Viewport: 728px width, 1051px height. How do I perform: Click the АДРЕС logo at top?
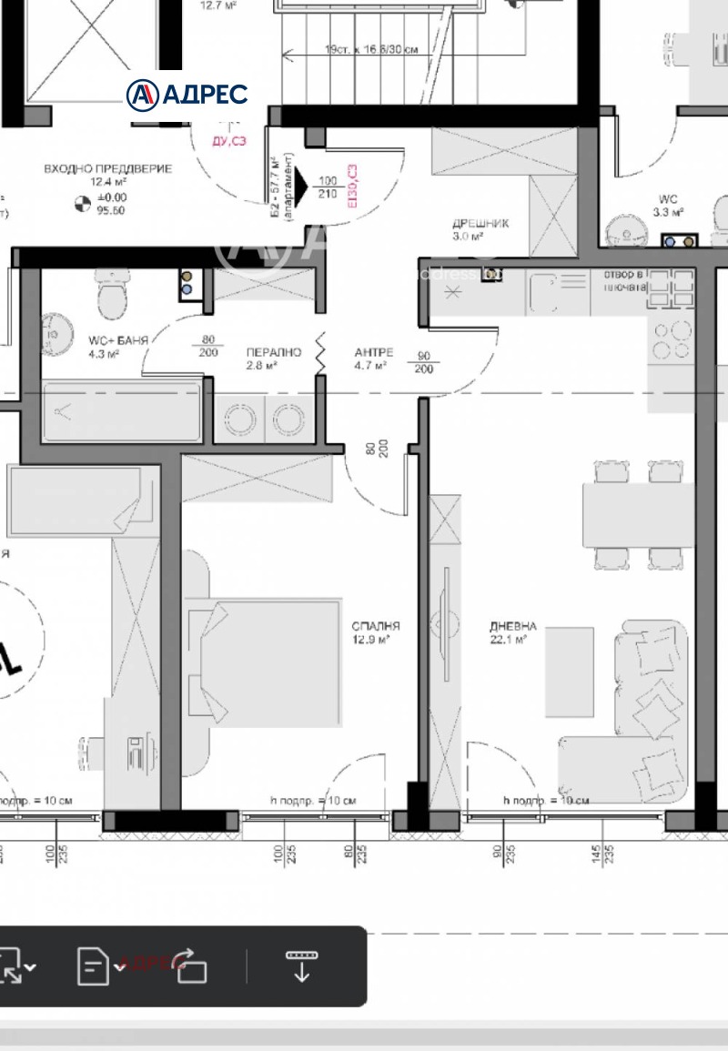tap(187, 94)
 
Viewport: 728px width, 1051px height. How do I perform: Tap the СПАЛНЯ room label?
tap(377, 626)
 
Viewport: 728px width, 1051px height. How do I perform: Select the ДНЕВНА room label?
tap(512, 626)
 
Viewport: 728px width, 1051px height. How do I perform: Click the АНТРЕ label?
tap(373, 351)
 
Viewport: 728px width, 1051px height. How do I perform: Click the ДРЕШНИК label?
tap(480, 223)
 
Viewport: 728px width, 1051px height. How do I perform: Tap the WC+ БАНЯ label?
tap(117, 339)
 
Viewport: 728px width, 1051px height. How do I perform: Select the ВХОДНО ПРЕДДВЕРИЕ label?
tap(107, 169)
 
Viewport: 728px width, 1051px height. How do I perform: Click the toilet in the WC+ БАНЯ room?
tap(111, 296)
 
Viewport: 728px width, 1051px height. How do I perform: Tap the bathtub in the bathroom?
tap(121, 412)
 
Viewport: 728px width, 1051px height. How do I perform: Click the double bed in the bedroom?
tap(264, 662)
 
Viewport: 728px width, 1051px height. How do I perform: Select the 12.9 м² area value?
tap(372, 640)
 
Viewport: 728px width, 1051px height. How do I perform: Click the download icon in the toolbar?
tap(301, 965)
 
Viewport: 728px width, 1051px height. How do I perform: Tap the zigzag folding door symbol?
tap(320, 352)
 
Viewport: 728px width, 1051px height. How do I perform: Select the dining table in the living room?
tap(638, 514)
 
